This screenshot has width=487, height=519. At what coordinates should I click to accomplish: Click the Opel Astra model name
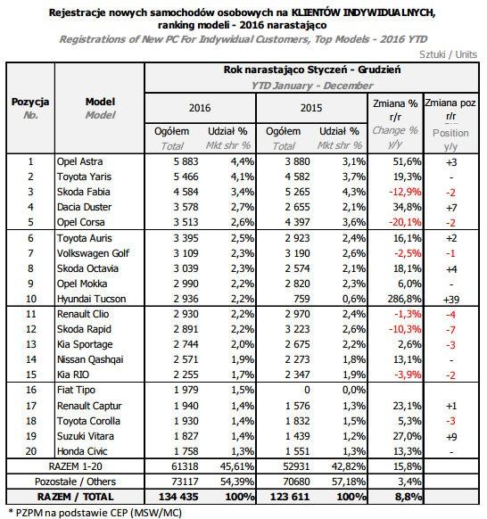(x=79, y=161)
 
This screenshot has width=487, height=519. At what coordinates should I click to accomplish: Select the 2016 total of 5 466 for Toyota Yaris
(x=186, y=177)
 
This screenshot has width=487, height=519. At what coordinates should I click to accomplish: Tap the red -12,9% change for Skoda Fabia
(x=405, y=192)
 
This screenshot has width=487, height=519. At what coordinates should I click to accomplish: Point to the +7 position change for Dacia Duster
(x=451, y=208)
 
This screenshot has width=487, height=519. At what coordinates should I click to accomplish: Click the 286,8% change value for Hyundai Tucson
(x=405, y=299)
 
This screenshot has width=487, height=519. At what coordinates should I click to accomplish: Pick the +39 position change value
(x=451, y=300)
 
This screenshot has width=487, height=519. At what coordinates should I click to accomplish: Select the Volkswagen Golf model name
(x=93, y=253)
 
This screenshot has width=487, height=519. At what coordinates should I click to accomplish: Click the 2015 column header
(x=311, y=108)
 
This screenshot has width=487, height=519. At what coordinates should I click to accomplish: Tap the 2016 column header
(x=200, y=108)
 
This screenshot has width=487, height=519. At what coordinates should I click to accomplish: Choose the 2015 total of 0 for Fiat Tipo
(x=307, y=390)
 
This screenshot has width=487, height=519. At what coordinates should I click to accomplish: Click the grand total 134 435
(x=178, y=497)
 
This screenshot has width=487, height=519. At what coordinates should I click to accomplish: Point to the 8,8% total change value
(x=409, y=497)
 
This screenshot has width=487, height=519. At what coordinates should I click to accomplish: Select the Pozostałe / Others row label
(x=75, y=482)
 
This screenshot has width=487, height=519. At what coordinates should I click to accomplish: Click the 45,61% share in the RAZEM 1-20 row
(x=237, y=466)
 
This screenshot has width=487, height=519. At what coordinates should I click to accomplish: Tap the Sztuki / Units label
(x=449, y=54)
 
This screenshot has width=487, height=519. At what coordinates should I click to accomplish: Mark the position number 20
(x=31, y=451)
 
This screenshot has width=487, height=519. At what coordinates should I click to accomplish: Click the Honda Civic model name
(x=82, y=451)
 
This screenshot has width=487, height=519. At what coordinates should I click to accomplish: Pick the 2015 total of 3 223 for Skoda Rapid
(x=297, y=329)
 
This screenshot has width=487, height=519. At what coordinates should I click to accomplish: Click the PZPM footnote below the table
(x=95, y=513)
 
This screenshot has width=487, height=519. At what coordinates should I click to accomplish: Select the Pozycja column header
(x=30, y=102)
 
